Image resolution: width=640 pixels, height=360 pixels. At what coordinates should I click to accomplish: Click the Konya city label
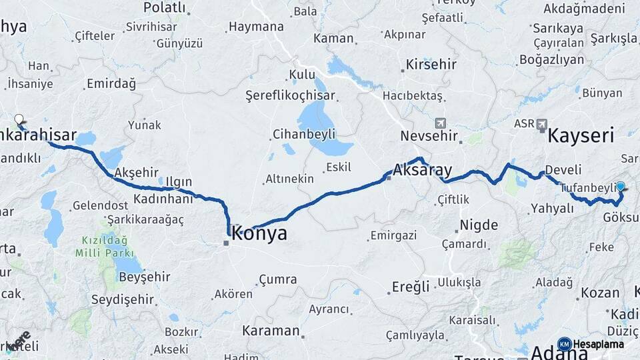[x=259, y=233]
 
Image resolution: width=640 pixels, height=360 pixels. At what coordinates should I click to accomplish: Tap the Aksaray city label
[x=423, y=170]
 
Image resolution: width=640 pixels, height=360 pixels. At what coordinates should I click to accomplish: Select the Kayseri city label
[x=580, y=137]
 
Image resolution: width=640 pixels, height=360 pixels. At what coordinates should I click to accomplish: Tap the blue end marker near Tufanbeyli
[x=621, y=187]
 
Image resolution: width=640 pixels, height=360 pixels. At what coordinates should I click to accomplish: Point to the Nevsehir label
[x=429, y=136]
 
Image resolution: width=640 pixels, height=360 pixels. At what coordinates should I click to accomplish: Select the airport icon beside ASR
[x=541, y=124]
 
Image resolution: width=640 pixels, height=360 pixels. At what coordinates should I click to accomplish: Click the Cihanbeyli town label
[x=303, y=134]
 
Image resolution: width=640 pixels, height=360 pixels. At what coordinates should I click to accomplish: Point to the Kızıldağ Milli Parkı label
[x=105, y=246]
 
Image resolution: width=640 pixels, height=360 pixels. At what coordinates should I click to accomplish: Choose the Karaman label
[x=271, y=331]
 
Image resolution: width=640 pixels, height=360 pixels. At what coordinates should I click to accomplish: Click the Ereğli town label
[x=411, y=287]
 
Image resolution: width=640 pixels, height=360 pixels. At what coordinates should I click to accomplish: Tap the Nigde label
[x=479, y=225]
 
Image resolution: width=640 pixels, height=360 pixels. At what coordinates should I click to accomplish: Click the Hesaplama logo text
[x=598, y=344]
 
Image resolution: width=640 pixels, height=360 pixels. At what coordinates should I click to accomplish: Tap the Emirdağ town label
[x=111, y=84]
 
